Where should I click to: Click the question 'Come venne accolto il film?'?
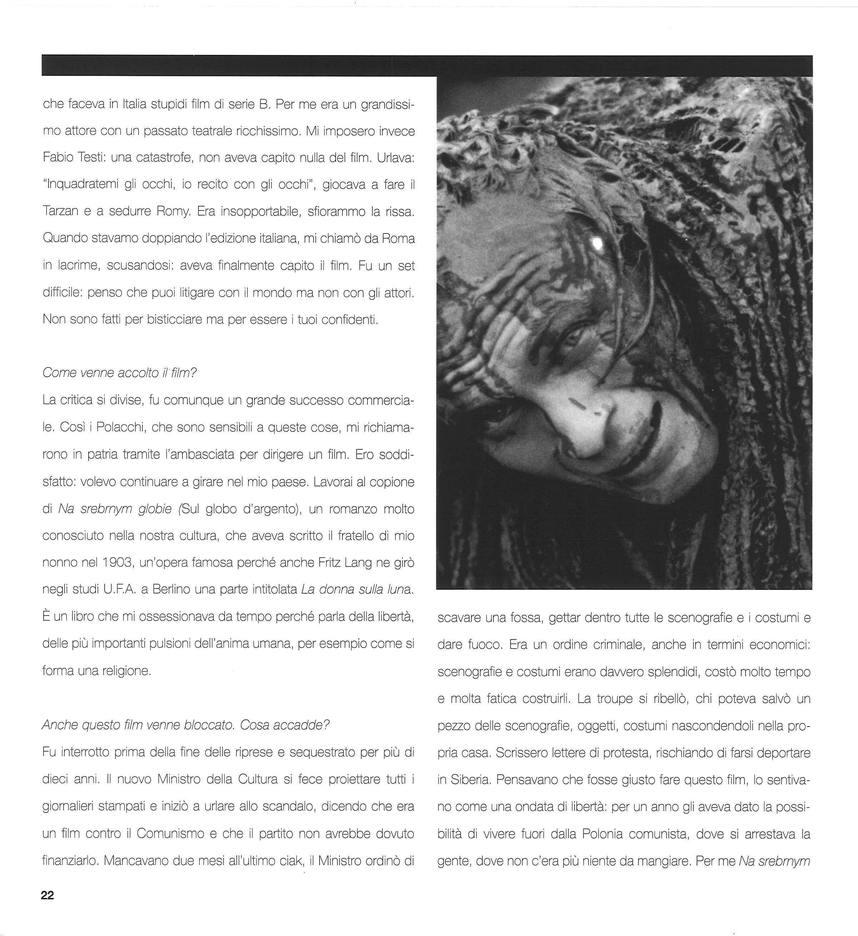120,373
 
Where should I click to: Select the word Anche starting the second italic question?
60,725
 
